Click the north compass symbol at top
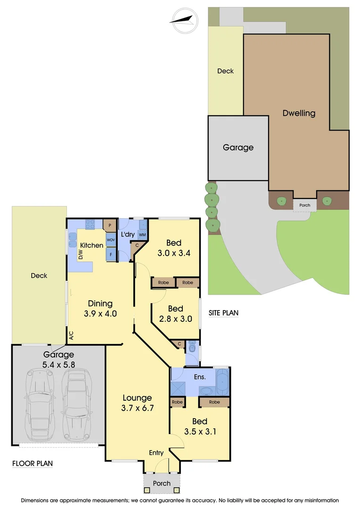tap(184, 20)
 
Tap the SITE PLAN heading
tap(224, 312)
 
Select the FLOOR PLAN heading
tap(32, 463)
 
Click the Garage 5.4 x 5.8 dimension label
tap(59, 360)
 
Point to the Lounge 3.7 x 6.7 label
tap(137, 402)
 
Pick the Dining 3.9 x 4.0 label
tap(100, 308)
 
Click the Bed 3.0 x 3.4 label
tap(174, 248)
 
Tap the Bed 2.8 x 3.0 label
tap(175, 313)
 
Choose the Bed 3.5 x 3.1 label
tap(200, 426)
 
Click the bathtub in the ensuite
tap(222, 382)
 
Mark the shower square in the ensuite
tap(178, 388)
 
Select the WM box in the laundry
tap(142, 234)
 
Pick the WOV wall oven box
tap(111, 240)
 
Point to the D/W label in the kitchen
tap(81, 255)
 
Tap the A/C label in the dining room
tap(72, 336)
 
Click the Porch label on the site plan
tap(304, 205)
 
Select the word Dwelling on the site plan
tap(299, 113)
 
